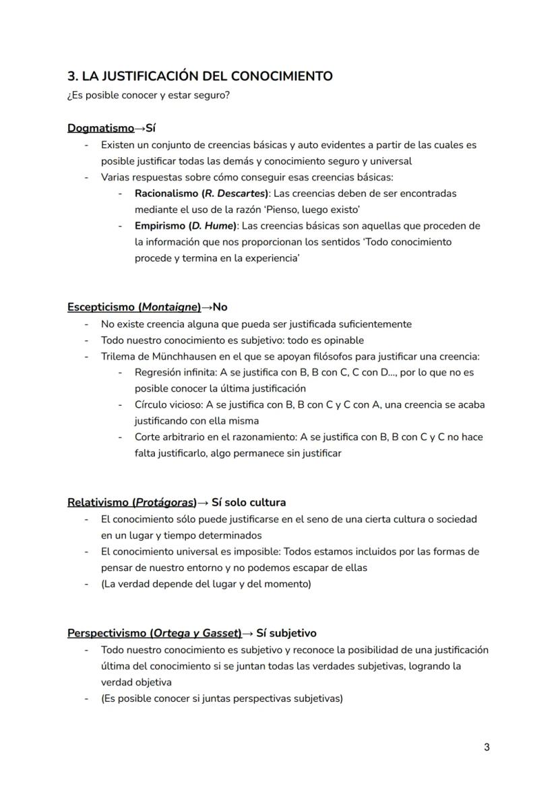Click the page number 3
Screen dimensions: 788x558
487,747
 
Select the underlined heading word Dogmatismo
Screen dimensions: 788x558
100,128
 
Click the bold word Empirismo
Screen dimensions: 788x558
160,226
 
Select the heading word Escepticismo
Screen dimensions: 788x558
101,307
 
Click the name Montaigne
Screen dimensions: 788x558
170,307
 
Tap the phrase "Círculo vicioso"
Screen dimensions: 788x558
168,404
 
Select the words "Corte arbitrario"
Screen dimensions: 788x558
172,437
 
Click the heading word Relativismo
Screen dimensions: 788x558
98,503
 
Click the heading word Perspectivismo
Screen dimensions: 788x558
108,634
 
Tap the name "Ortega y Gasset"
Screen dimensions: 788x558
195,634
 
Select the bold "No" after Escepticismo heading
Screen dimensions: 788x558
220,307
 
